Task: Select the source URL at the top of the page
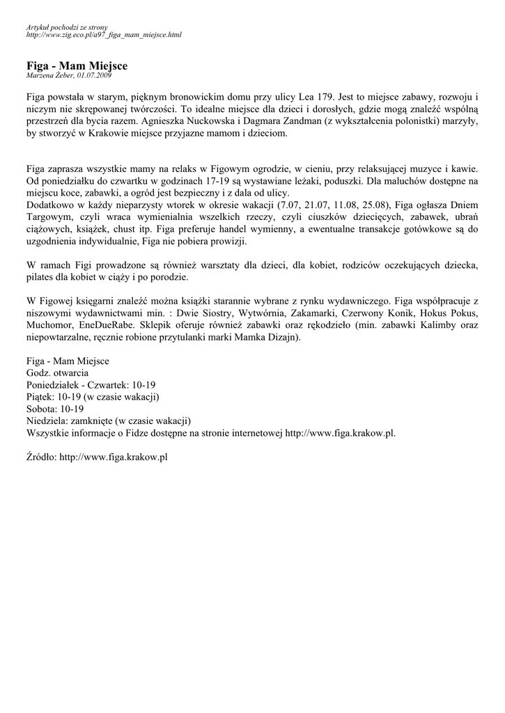coord(103,34)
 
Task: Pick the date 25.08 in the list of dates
coord(373,204)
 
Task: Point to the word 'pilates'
coord(40,276)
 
